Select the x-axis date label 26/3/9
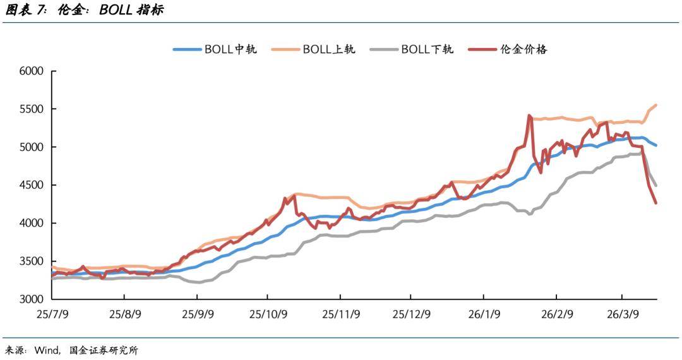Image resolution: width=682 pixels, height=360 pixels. [x=623, y=314]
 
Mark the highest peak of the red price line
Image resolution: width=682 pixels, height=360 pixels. [x=529, y=116]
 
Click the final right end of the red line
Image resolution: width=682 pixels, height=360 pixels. [x=655, y=203]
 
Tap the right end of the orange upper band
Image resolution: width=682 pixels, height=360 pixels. [x=656, y=105]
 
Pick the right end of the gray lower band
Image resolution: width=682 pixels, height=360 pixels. [x=656, y=185]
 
